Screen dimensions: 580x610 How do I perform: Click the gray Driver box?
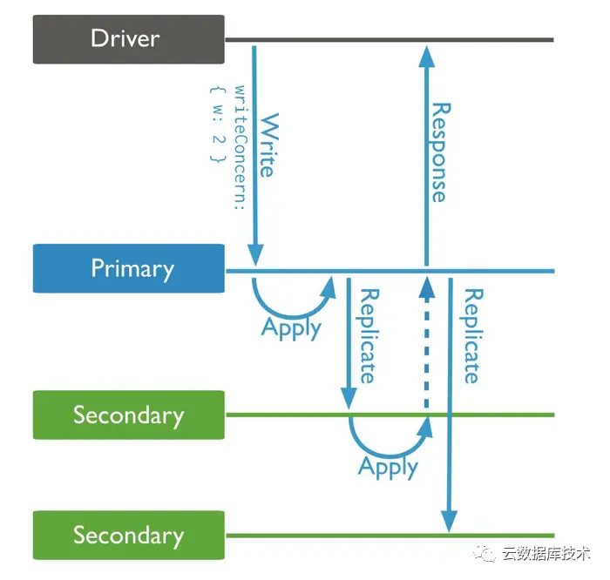[x=128, y=38]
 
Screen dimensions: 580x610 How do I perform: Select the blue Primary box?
[x=128, y=268]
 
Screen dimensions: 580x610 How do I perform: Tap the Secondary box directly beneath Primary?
[x=128, y=415]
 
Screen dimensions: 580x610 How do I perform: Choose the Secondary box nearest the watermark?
[x=128, y=535]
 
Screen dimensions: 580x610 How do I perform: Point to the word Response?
[x=440, y=152]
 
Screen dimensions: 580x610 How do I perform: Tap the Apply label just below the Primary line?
[x=292, y=328]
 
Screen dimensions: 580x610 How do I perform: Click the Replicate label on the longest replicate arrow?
[x=471, y=335]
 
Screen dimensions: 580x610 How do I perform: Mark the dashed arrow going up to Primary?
[x=426, y=348]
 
